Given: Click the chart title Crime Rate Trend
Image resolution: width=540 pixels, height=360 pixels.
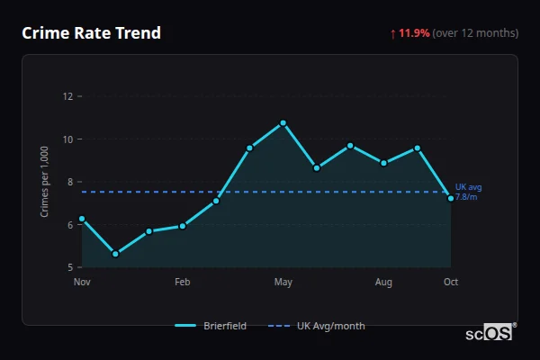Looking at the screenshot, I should pos(91,33).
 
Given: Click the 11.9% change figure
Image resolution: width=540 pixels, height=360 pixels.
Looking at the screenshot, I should pos(414,33).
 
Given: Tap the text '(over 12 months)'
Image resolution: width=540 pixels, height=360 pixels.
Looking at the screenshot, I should pos(475,33).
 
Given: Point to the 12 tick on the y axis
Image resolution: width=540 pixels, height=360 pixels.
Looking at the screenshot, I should pos(67,96).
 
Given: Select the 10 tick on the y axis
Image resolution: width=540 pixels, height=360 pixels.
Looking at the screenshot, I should pos(67,139).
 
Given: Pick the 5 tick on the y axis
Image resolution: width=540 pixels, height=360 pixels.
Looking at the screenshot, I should pos(70,267).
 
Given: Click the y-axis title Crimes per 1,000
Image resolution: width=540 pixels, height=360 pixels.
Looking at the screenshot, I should pos(45,182).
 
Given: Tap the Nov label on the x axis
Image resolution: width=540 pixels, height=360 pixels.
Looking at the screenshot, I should pos(82,283).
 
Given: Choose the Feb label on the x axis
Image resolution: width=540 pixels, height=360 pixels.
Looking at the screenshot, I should pos(183,283).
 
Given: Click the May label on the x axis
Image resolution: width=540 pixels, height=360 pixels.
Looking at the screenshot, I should pos(283,283).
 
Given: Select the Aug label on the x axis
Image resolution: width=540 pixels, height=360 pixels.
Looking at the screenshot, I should pos(383,283).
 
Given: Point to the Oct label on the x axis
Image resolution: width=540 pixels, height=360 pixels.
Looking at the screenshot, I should pos(451,283).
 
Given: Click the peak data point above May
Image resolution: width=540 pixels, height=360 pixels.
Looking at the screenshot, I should pos(283,122).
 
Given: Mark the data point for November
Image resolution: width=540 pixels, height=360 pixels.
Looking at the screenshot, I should pos(82,219).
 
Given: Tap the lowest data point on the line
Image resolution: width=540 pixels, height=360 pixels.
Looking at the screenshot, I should pos(115,254).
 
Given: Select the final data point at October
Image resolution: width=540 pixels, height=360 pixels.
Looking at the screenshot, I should pos(451,198).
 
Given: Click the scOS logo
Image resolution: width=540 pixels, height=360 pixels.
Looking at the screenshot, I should pos(490,333).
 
